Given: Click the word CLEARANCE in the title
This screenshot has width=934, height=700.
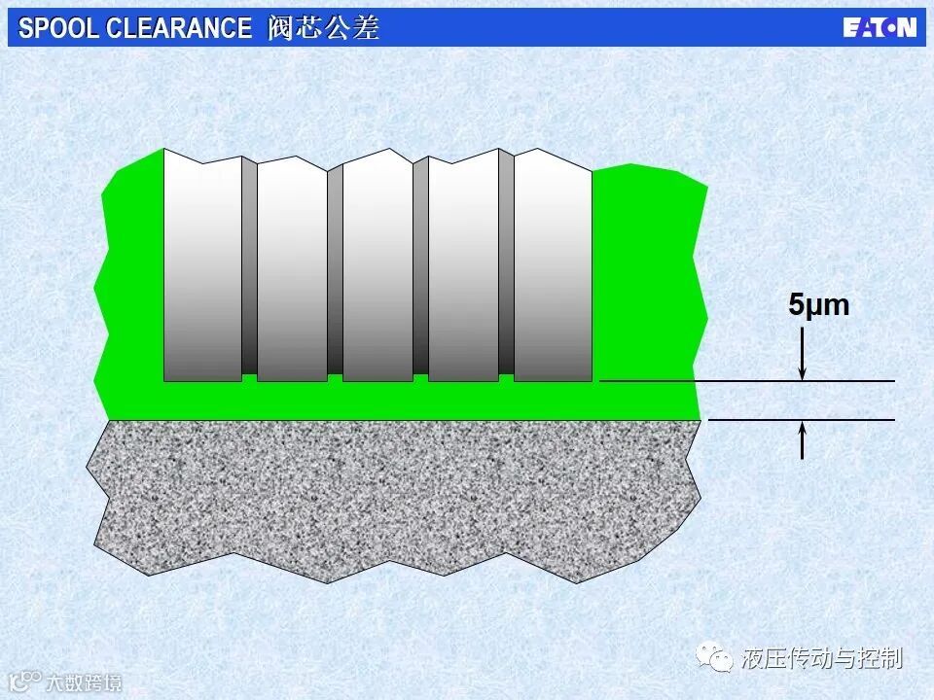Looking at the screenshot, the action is [179, 28].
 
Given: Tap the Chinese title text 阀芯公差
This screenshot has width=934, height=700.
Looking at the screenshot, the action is [323, 27].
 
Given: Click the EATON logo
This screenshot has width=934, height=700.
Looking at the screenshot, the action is [880, 27].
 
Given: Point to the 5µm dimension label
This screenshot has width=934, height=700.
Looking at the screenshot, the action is [818, 304].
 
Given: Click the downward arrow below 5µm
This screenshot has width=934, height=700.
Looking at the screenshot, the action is [803, 354].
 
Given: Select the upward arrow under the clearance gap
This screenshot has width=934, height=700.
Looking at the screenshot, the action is [803, 439].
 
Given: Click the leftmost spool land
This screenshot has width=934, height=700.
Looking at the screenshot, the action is [202, 265].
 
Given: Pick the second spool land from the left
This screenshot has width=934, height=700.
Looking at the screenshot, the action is [292, 269].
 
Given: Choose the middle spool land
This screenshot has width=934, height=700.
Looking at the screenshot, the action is [377, 265].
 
